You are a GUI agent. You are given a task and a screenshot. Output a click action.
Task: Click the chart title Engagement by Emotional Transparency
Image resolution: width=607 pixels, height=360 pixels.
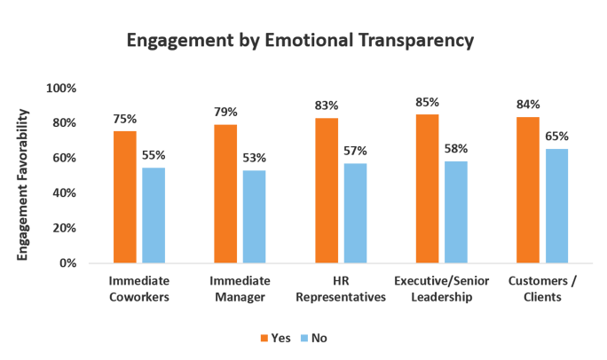[x=300, y=41]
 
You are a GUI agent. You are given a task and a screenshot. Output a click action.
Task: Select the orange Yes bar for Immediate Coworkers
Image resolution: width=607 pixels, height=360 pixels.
[x=124, y=197]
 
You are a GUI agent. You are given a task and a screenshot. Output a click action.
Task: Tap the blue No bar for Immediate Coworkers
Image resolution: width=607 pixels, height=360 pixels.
[x=154, y=215]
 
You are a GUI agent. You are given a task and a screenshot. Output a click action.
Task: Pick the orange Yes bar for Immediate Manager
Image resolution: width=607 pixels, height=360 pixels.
[x=225, y=193]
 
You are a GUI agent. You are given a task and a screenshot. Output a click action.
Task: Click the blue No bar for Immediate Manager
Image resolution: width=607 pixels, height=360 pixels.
[x=254, y=216]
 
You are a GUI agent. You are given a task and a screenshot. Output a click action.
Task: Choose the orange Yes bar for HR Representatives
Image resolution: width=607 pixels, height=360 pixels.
[x=327, y=190]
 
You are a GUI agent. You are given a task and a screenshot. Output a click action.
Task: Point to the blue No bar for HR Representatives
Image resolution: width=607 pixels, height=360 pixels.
[x=355, y=213]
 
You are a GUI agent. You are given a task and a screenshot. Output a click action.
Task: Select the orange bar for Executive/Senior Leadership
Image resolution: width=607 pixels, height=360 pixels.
[x=428, y=188]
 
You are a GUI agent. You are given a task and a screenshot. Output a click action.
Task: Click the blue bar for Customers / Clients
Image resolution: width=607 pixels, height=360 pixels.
[x=557, y=206]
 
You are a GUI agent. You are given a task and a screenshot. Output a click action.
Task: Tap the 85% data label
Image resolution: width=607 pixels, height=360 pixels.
[x=428, y=104]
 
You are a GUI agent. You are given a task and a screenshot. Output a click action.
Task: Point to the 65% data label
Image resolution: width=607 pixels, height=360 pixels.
[x=557, y=137]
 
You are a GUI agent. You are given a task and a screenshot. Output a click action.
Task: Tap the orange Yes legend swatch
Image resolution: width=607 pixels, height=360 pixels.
[x=264, y=338]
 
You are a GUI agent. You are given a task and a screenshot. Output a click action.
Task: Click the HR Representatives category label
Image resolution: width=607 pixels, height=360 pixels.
[x=341, y=289]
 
